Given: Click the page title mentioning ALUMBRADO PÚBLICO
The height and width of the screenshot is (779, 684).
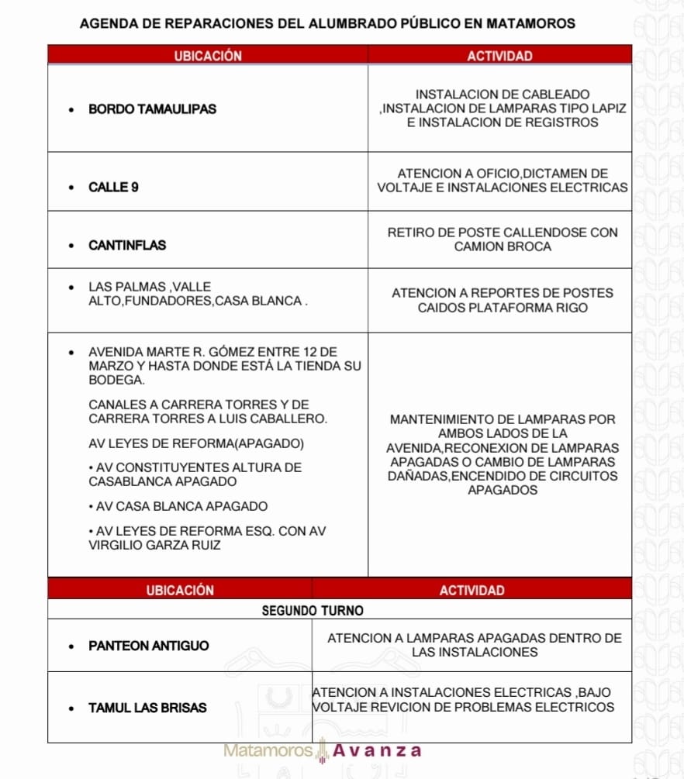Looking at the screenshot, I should point(327,23).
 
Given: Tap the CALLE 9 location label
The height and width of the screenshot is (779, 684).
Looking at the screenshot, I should point(113,188).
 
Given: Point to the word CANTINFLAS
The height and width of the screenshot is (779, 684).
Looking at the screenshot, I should point(127,246).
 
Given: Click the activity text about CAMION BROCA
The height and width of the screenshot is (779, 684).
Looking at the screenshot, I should point(503,240).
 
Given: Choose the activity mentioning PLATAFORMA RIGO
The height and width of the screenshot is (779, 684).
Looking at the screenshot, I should point(503,301).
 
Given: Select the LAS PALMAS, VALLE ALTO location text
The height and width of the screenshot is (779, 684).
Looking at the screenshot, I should point(198,294).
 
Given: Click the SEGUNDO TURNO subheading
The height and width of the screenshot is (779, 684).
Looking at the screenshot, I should point(313,611).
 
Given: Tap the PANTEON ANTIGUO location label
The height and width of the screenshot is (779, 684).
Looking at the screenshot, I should point(149,646).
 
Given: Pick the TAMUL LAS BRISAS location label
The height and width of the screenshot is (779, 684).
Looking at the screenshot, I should point(147,708).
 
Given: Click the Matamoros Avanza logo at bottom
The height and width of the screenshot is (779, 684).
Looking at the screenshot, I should point(323,751).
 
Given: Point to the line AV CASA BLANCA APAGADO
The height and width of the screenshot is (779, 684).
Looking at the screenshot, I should point(178,507).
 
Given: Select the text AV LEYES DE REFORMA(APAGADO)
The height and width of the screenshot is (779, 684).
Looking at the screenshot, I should point(197,444).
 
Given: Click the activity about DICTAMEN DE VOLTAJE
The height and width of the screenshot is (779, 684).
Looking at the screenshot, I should point(503,181).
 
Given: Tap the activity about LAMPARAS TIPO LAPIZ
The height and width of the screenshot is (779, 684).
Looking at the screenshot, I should point(503,109).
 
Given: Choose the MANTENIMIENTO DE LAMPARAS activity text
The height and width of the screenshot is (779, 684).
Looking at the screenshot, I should point(503,455).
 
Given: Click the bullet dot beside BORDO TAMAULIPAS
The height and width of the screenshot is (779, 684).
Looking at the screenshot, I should point(72,110).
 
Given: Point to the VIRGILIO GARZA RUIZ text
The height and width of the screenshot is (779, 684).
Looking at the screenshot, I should point(155,545).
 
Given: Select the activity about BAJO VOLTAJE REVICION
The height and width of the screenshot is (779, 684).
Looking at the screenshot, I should point(463,700).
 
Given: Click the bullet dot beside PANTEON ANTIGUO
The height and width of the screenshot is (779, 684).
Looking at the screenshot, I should point(72,646).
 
